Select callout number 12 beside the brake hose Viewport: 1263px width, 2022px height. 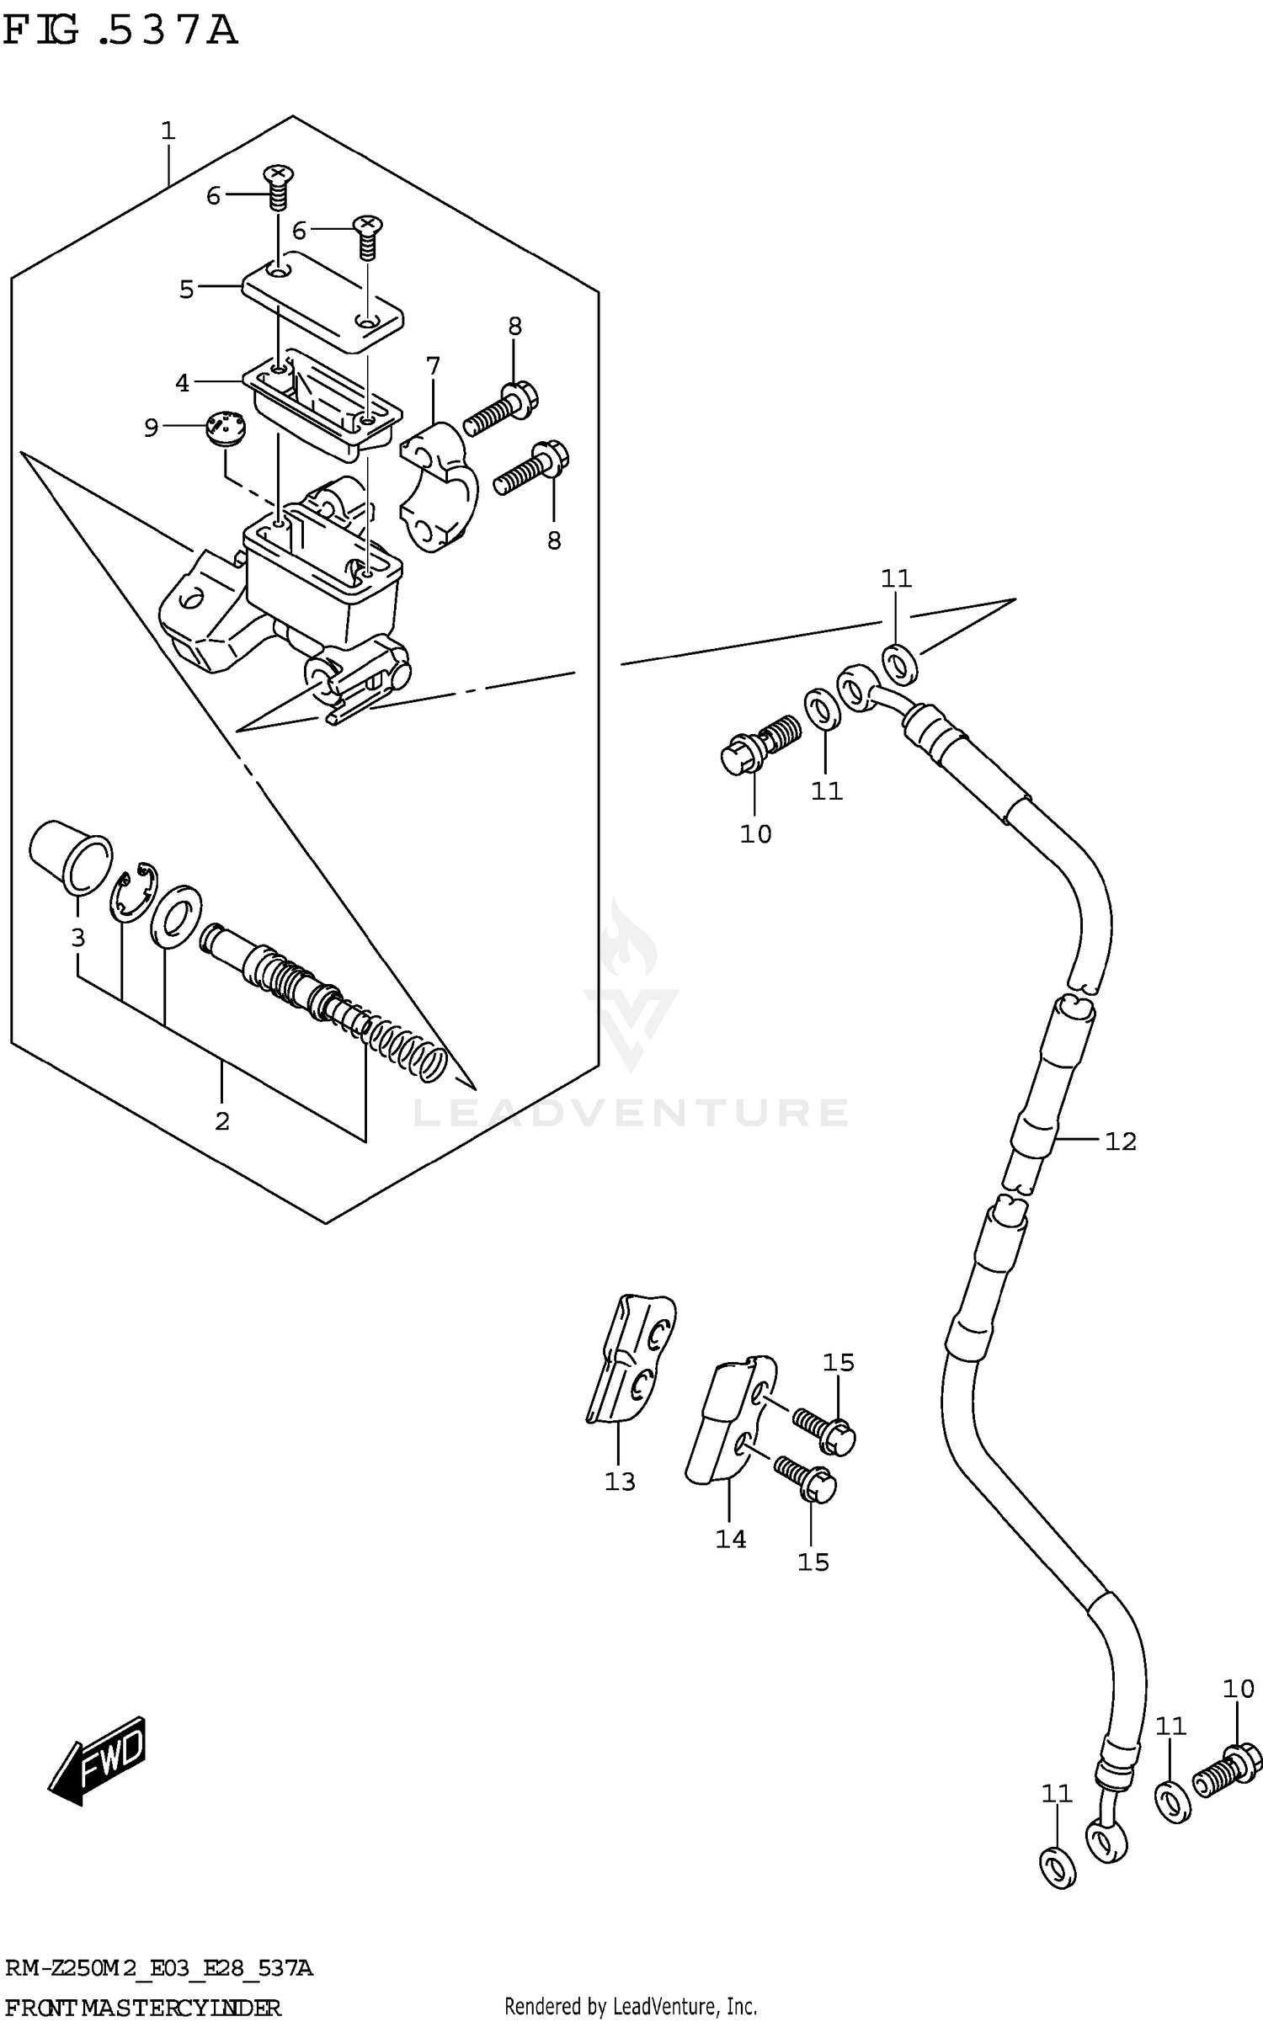tap(1120, 1142)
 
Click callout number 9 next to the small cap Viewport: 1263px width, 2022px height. tap(151, 428)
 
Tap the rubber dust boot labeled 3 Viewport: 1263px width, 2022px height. tap(70, 854)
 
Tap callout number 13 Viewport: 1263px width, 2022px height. tap(620, 1482)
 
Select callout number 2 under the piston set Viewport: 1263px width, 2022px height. tap(222, 1121)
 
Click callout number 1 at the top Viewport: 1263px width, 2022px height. tap(168, 130)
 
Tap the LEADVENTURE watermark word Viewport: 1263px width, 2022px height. tap(630, 1113)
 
